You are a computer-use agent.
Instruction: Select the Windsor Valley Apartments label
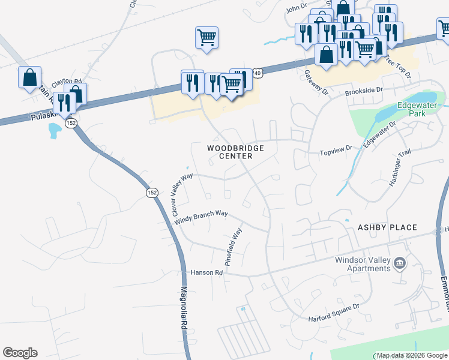(x=355, y=264)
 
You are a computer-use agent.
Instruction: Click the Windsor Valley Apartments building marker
(x=399, y=263)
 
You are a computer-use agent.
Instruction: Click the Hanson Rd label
(x=206, y=272)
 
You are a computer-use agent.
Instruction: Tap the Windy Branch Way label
(x=201, y=217)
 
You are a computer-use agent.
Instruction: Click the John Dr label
(x=296, y=8)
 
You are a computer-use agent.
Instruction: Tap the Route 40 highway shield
(x=257, y=73)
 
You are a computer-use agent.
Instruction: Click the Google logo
(x=20, y=353)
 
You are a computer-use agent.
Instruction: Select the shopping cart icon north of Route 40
(x=206, y=37)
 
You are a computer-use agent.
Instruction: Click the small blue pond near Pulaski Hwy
(x=55, y=130)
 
